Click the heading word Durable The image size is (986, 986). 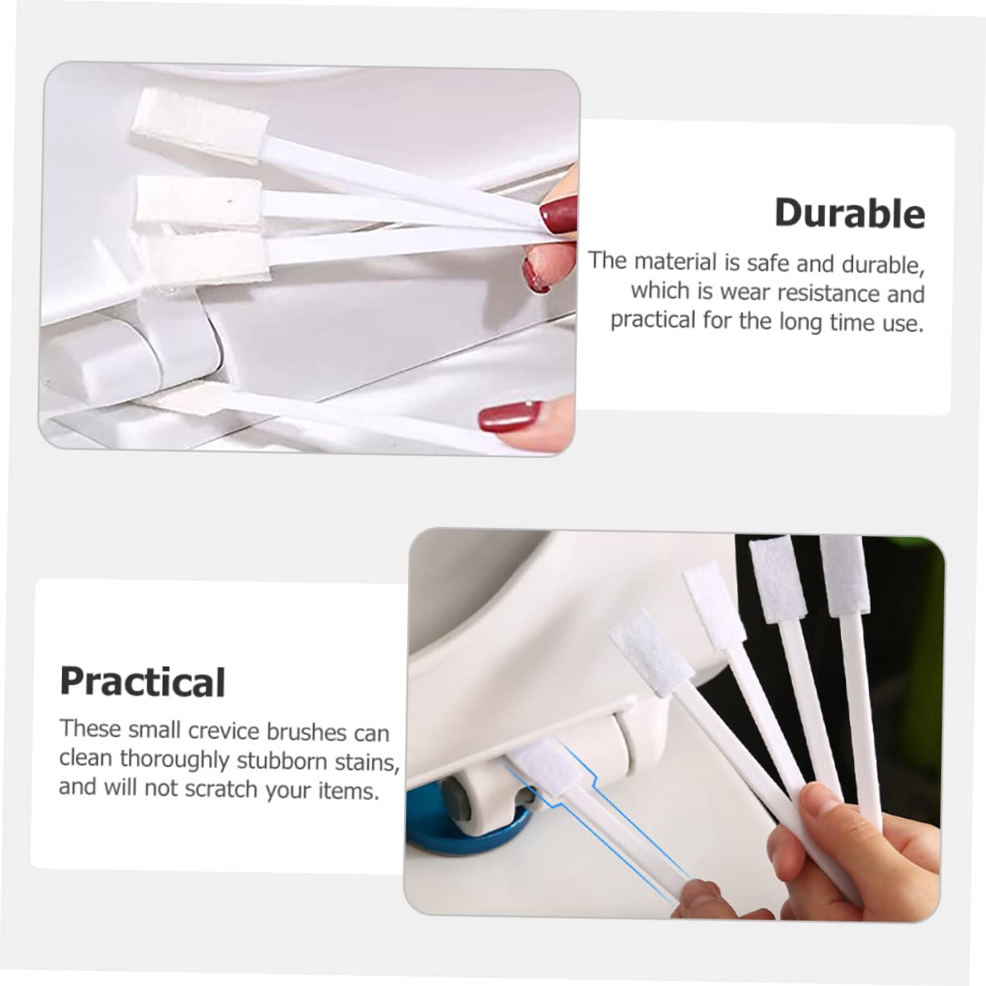pos(850,213)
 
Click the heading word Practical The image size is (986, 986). pos(142,682)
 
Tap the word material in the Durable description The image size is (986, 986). pos(675,262)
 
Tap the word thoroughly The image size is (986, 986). pos(175,759)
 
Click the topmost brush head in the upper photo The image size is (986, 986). pos(200,126)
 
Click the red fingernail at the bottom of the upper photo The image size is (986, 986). pos(510,417)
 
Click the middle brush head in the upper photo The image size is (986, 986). pos(199,200)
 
